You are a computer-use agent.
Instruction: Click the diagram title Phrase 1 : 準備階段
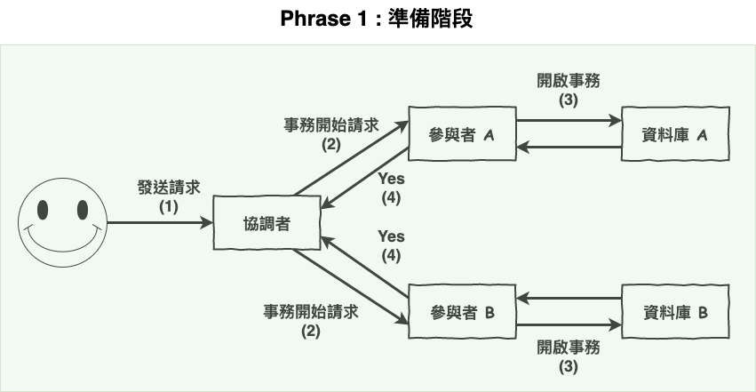coord(377,19)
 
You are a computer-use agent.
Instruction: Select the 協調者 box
coord(266,223)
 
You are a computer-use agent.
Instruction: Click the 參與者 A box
coord(462,134)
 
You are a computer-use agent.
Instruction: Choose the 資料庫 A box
coord(675,134)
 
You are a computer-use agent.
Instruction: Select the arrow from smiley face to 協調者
coord(160,222)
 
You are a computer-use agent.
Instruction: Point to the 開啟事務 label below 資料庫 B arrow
coord(569,348)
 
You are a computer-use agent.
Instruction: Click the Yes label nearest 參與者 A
coord(391,178)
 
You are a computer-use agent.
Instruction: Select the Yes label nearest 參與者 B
coord(391,236)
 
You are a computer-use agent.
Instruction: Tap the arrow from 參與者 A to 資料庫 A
coord(569,121)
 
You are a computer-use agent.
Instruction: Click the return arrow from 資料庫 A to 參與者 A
coord(569,147)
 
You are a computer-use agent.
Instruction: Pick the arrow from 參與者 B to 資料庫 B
coord(569,324)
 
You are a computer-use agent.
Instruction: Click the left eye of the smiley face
coord(43,210)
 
